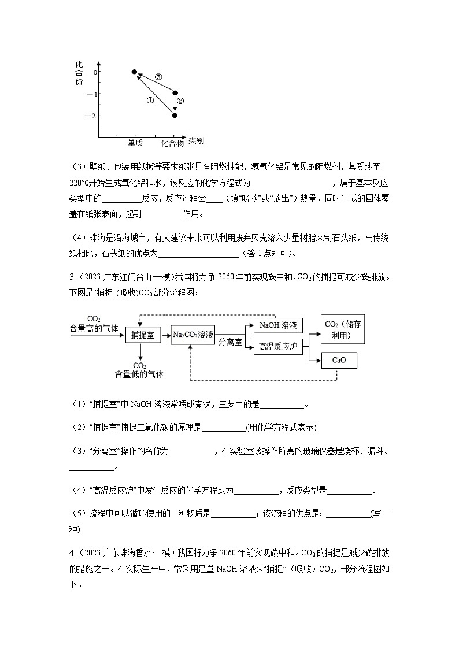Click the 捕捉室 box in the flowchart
click(x=142, y=335)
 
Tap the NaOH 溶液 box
click(x=278, y=325)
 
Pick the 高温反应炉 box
click(x=278, y=347)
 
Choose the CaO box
click(x=339, y=360)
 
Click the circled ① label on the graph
click(x=150, y=100)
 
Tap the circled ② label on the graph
click(x=180, y=101)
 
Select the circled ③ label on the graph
click(x=158, y=77)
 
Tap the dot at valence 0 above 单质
click(x=134, y=72)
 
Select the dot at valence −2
click(x=175, y=116)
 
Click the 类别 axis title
click(x=196, y=141)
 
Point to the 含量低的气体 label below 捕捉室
click(x=139, y=374)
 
